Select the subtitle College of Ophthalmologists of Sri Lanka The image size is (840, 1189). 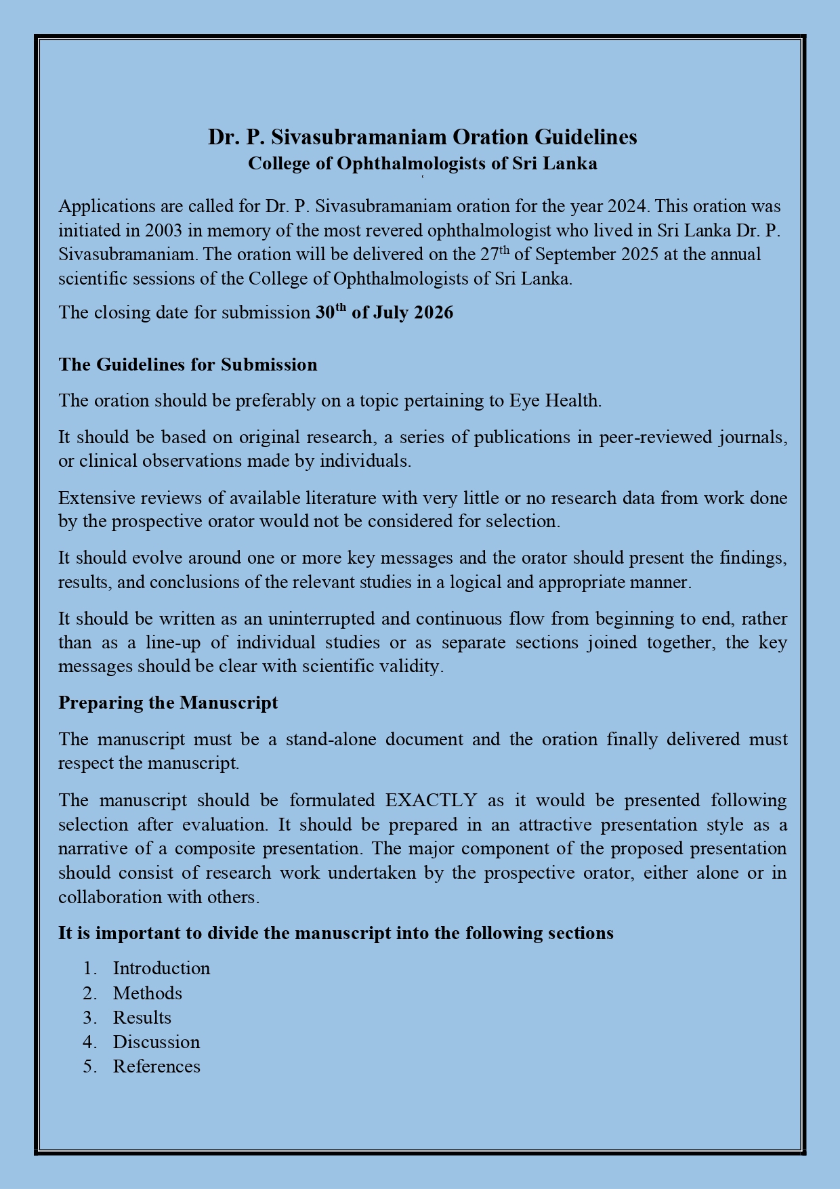(x=422, y=164)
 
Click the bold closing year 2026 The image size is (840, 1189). (x=434, y=313)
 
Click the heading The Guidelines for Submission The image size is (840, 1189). (x=188, y=364)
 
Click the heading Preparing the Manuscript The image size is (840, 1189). (x=168, y=703)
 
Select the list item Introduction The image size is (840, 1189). (x=161, y=968)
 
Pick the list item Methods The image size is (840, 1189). (x=147, y=993)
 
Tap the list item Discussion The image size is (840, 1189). (x=156, y=1042)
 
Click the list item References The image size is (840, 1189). (x=156, y=1066)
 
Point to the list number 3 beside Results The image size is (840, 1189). (x=88, y=1018)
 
